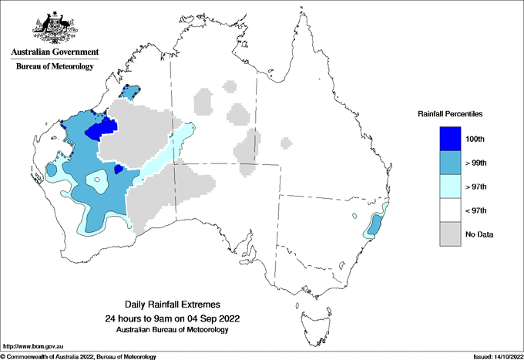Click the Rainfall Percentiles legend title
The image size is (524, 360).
coord(450,113)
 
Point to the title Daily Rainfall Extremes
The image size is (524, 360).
coord(171,305)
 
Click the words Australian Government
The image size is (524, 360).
coord(55,52)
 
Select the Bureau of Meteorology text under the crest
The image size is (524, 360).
coord(55,67)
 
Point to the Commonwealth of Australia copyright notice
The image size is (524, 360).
coord(79,356)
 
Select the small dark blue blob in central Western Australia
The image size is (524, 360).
coord(119,169)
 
